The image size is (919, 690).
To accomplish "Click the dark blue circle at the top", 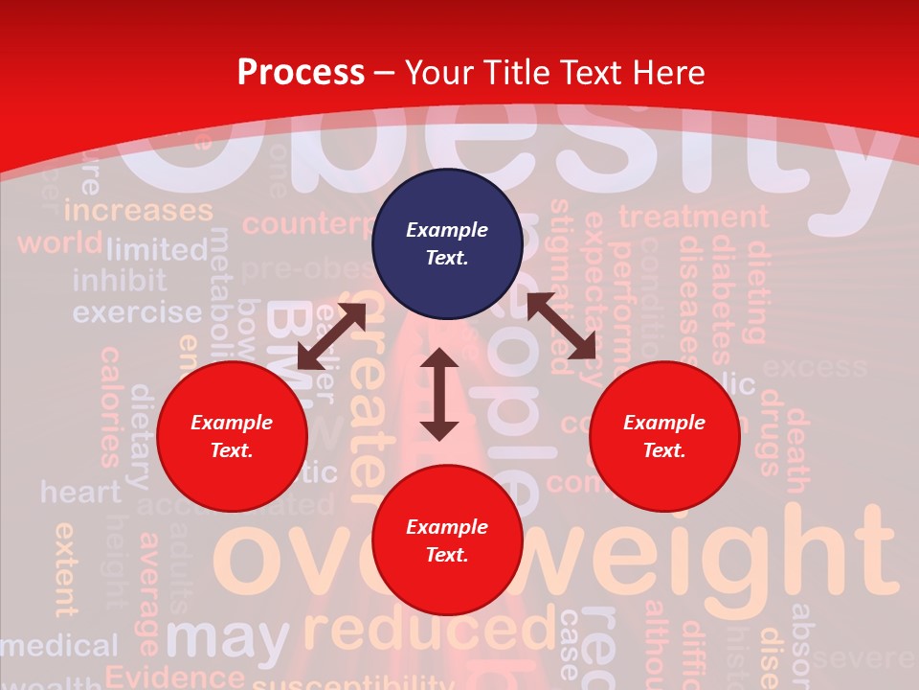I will pyautogui.click(x=447, y=243).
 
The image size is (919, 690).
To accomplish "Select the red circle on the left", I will pyautogui.click(x=232, y=436).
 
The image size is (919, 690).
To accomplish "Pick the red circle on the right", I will pyautogui.click(x=664, y=436).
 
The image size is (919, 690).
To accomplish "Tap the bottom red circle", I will pyautogui.click(x=447, y=540).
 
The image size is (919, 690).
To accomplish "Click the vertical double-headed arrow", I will pyautogui.click(x=439, y=394).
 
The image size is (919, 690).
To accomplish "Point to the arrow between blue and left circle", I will pyautogui.click(x=331, y=336).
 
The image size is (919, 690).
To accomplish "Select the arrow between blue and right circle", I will pyautogui.click(x=562, y=326).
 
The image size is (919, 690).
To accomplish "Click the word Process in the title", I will pyautogui.click(x=301, y=72).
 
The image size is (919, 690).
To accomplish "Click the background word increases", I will pyautogui.click(x=138, y=210).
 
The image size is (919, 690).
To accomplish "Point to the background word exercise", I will pyautogui.click(x=137, y=312).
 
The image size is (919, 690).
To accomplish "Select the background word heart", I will pyautogui.click(x=80, y=493).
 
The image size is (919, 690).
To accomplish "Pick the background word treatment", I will pyautogui.click(x=693, y=218).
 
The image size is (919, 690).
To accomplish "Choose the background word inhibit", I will pyautogui.click(x=120, y=281).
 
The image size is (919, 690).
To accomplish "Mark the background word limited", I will pyautogui.click(x=157, y=250).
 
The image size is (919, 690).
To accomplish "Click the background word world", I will pyautogui.click(x=59, y=242).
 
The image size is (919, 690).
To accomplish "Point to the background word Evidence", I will pyautogui.click(x=174, y=677).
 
